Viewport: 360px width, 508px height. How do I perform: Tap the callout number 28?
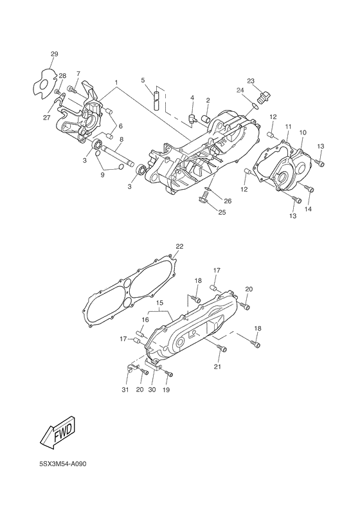[62, 76]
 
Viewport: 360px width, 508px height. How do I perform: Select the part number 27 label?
[47, 117]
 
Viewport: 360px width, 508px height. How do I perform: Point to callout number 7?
[78, 74]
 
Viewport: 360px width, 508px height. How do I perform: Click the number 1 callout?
[116, 82]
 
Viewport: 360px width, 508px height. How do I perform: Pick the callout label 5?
[143, 80]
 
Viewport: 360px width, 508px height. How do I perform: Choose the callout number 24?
[240, 91]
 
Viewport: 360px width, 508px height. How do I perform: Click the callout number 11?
[289, 126]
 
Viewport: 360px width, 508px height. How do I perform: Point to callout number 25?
[222, 212]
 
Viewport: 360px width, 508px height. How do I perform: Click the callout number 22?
[179, 246]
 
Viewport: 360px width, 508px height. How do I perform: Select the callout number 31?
[125, 390]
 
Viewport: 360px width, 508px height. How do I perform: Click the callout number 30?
[152, 390]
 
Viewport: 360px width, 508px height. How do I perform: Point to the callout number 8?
[121, 139]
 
